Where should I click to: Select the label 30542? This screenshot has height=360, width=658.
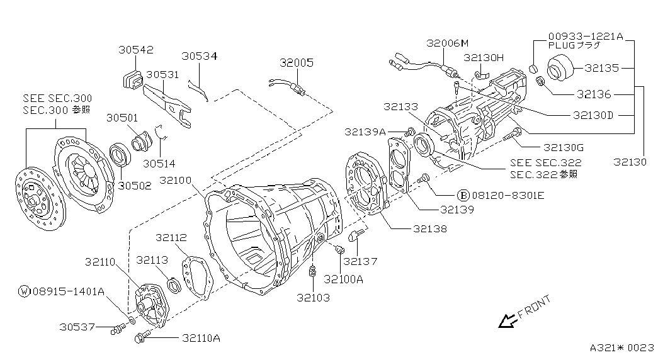(x=135, y=50)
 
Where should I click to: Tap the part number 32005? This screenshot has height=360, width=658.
(x=297, y=63)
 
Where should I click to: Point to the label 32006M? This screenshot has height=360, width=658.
(x=448, y=43)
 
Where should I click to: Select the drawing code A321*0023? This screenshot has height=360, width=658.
(x=622, y=347)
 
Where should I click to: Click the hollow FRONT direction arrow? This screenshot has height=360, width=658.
(x=506, y=321)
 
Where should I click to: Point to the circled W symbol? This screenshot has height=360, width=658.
(x=24, y=291)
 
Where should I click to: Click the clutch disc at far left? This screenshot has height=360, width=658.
(x=39, y=196)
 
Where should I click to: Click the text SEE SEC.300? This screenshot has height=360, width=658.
(x=57, y=99)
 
